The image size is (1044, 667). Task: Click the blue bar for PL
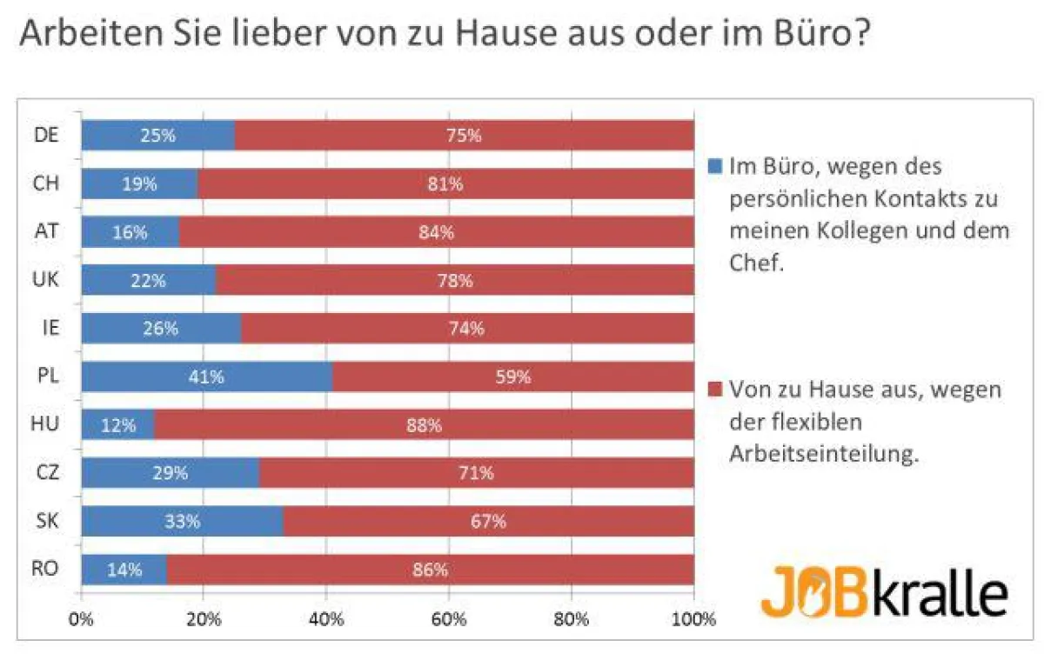[206, 377]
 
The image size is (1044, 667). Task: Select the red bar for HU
[424, 425]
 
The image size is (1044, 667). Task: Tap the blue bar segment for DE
[157, 136]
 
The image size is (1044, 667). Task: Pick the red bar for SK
[488, 522]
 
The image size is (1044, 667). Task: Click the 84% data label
[436, 232]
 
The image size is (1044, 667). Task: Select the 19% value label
[138, 183]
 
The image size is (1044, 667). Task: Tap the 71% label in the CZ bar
[476, 473]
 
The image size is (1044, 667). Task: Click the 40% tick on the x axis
[326, 620]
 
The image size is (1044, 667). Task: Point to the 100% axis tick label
[693, 620]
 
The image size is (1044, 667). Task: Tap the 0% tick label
[81, 620]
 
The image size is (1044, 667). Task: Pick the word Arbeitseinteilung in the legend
[822, 456]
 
